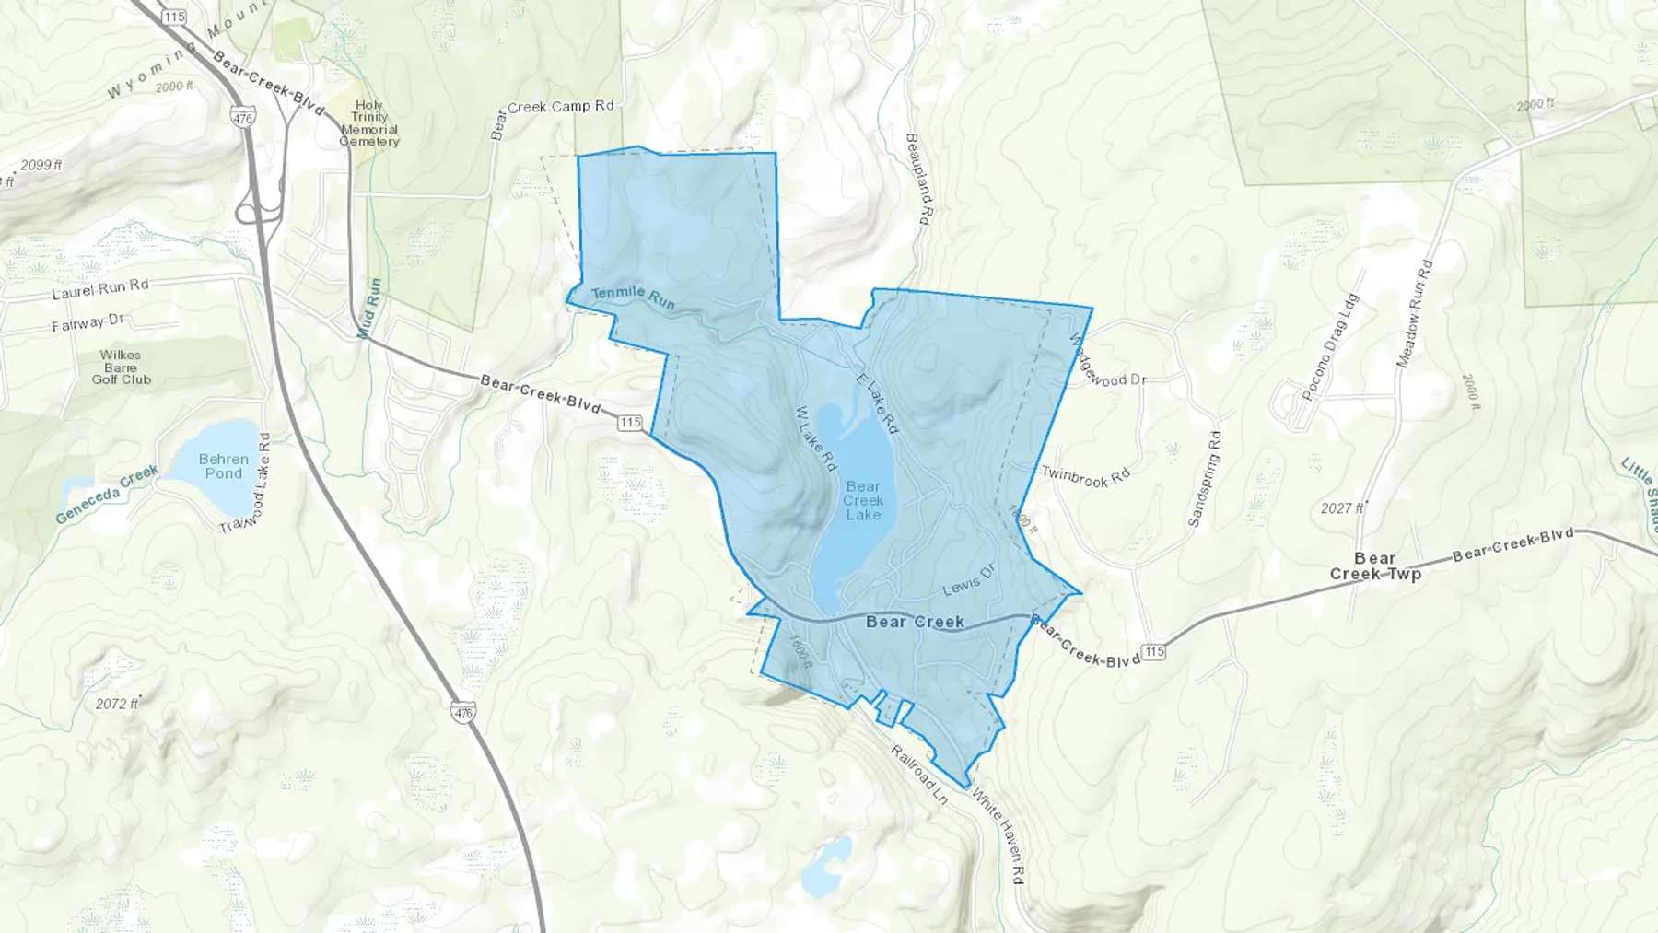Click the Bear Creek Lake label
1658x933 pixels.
click(x=863, y=500)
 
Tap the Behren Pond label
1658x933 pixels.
click(x=224, y=466)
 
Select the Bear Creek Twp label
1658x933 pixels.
click(x=1375, y=566)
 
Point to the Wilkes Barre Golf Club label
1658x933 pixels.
click(x=121, y=367)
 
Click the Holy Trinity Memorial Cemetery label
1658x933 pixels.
click(x=369, y=123)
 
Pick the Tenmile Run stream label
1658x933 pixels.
click(x=633, y=297)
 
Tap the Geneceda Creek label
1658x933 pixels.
click(x=107, y=495)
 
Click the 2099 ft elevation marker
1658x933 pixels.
click(x=41, y=166)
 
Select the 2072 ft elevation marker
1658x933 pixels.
click(x=116, y=704)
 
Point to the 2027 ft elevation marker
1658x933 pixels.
click(x=1341, y=508)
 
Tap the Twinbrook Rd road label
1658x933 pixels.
click(x=1085, y=476)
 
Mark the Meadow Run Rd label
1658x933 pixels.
click(x=1414, y=314)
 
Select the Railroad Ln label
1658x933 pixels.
click(x=918, y=775)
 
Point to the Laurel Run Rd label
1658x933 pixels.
click(x=100, y=289)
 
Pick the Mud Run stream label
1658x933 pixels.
click(x=370, y=308)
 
